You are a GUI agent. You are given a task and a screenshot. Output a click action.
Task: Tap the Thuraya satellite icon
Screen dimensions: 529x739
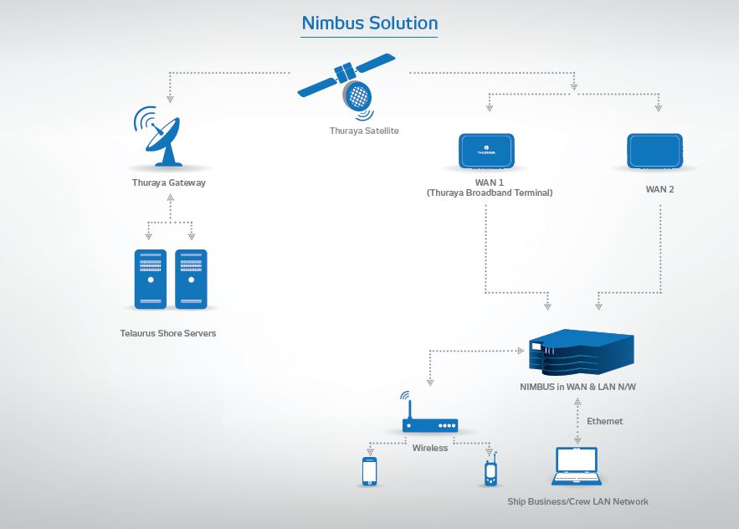[349, 83]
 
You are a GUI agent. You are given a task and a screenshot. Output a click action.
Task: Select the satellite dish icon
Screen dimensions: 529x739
[166, 137]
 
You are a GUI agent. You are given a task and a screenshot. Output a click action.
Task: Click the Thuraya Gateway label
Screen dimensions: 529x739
[168, 182]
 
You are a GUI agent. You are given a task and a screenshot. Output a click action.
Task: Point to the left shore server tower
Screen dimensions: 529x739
[151, 280]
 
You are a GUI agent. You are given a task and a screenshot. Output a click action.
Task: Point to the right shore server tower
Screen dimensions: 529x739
[191, 280]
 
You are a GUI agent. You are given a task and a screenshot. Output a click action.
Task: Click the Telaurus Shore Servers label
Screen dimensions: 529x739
[168, 333]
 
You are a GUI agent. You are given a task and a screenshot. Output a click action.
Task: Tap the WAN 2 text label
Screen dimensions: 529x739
[659, 189]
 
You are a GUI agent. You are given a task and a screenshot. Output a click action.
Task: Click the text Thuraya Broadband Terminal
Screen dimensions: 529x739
[490, 193]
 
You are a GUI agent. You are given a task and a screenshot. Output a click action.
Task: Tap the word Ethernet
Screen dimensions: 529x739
[604, 421]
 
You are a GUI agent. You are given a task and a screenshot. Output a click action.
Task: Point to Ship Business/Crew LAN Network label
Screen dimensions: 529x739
[577, 501]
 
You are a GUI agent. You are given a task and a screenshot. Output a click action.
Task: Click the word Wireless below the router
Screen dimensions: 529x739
[430, 448]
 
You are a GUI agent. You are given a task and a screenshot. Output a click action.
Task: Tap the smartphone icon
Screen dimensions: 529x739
[369, 471]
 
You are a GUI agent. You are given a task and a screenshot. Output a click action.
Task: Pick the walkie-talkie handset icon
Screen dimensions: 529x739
[491, 471]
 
